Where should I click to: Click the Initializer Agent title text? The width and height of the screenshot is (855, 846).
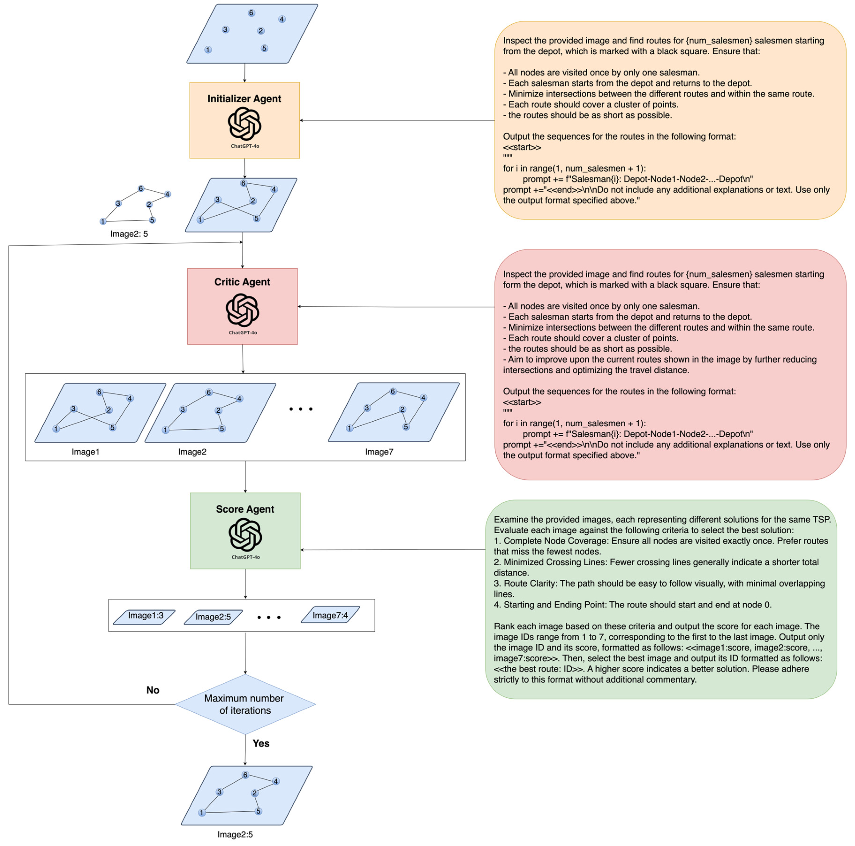[244, 99]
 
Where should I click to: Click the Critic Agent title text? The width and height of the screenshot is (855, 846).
[242, 282]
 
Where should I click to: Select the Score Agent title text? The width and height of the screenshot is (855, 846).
[245, 509]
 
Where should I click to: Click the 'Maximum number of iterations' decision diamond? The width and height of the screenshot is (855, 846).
[245, 704]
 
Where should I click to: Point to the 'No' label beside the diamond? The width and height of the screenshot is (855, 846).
[153, 690]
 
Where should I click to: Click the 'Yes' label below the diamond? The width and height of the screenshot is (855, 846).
[261, 743]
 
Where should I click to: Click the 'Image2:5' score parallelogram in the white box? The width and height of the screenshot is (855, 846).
[213, 617]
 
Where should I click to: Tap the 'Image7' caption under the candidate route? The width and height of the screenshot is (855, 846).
[379, 452]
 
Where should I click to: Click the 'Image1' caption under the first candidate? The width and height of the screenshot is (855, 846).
[85, 452]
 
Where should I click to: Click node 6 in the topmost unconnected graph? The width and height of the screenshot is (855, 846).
[251, 13]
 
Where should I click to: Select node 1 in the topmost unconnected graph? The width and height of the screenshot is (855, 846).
[208, 50]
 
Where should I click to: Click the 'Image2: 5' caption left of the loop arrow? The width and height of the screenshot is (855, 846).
[129, 234]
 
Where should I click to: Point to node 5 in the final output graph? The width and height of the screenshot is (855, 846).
[258, 811]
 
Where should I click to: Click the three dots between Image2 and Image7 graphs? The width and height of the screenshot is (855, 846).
[301, 409]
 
